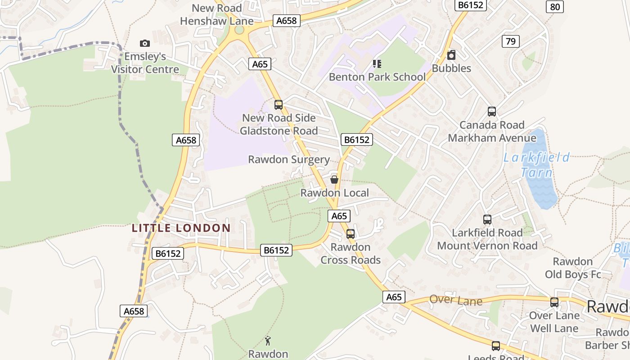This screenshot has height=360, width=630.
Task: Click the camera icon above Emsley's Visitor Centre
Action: pyautogui.click(x=144, y=43)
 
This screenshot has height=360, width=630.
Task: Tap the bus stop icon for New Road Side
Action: pyautogui.click(x=279, y=105)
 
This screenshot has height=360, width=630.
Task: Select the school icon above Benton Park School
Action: pyautogui.click(x=377, y=64)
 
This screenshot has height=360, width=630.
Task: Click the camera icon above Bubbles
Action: pyautogui.click(x=451, y=55)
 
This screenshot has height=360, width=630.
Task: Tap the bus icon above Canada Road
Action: pyautogui.click(x=492, y=112)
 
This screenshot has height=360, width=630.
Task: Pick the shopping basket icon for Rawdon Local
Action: pyautogui.click(x=334, y=180)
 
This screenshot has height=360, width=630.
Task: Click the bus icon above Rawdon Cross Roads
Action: pyautogui.click(x=351, y=234)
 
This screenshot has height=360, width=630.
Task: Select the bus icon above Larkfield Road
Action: pyautogui.click(x=487, y=220)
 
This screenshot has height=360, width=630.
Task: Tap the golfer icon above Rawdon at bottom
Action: pyautogui.click(x=268, y=341)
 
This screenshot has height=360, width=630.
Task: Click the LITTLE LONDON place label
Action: pyautogui.click(x=181, y=228)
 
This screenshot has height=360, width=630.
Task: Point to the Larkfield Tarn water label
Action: pyautogui.click(x=536, y=165)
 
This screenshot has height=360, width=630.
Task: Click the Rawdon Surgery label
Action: pyautogui.click(x=289, y=160)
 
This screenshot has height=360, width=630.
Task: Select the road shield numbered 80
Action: pyautogui.click(x=555, y=7)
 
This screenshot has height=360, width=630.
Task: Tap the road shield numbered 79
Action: pyautogui.click(x=510, y=42)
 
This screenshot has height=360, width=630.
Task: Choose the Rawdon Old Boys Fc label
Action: pyautogui.click(x=573, y=268)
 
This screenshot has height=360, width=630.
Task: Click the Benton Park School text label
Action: pyautogui.click(x=377, y=77)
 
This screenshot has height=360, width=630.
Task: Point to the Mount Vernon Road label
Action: pyautogui.click(x=487, y=246)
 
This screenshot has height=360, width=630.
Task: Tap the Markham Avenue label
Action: pyautogui.click(x=492, y=138)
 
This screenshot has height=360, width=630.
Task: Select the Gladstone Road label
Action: pyautogui.click(x=279, y=131)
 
